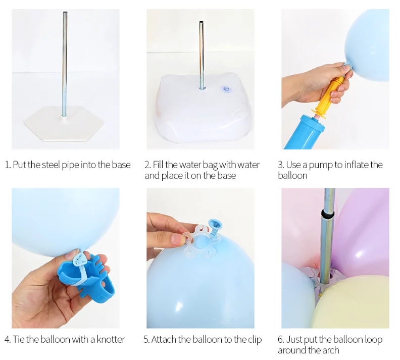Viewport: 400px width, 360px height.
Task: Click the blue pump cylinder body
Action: click(308, 132)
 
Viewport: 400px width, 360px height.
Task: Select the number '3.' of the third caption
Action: click(281, 165)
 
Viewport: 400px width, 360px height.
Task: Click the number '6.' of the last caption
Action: click(281, 339)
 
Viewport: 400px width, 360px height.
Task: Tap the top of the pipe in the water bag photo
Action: click(202, 23)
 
